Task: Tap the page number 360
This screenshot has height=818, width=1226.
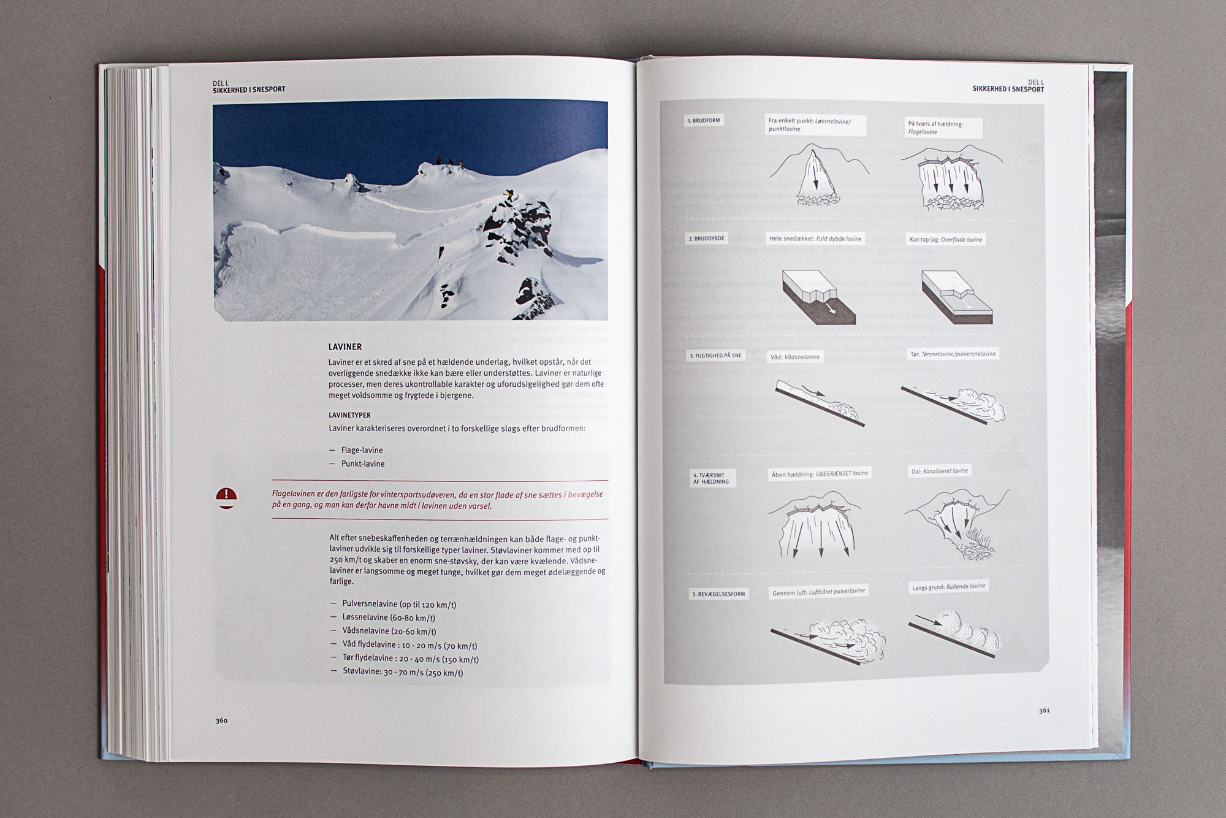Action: tap(221, 721)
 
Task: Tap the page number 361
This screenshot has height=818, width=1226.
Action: tap(1045, 711)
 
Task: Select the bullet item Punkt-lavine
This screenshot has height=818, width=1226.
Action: tap(362, 464)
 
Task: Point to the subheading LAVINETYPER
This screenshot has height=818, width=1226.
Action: tap(349, 415)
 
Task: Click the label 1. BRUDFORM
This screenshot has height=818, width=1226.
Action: tap(703, 121)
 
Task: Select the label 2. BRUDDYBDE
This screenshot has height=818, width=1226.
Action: tap(705, 239)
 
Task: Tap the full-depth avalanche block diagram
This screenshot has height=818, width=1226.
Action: tap(818, 297)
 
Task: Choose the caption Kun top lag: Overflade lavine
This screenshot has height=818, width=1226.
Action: tap(946, 240)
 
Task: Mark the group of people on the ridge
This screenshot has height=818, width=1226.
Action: tap(449, 161)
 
